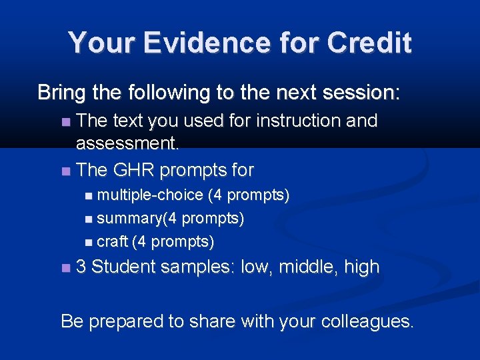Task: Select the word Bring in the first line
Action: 59,92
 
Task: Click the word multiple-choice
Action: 150,195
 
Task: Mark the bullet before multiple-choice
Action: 90,195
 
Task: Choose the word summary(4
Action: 137,218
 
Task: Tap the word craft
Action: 112,241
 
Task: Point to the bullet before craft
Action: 90,241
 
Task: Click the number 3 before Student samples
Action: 81,267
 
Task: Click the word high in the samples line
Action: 361,267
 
